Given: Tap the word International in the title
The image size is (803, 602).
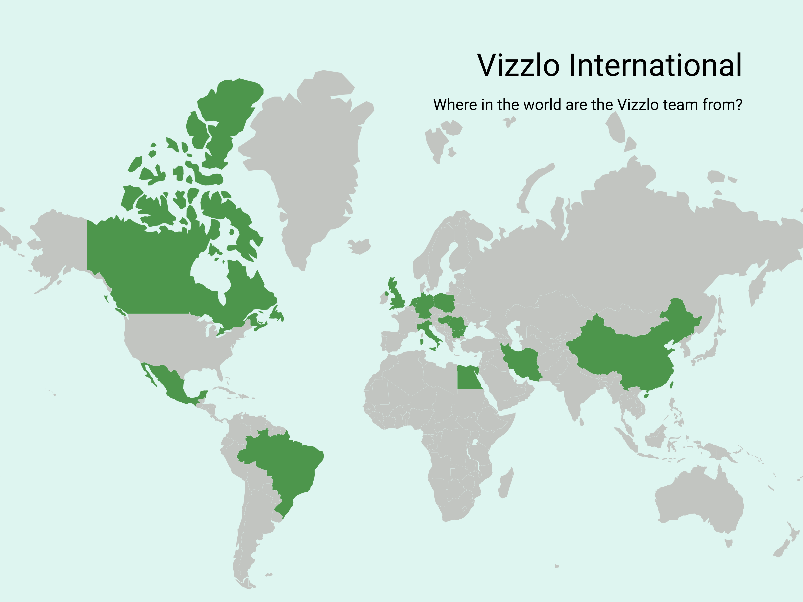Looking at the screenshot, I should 655,65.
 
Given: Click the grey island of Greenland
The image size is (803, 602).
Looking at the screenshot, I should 312,156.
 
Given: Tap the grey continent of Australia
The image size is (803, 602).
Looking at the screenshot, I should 697,501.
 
